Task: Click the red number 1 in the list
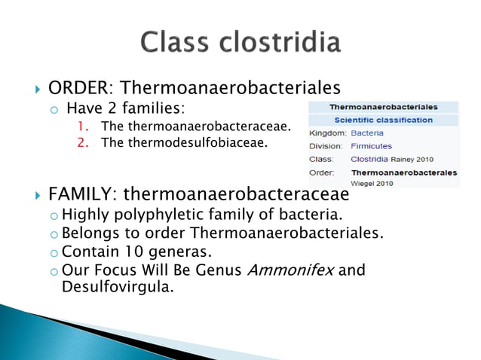82,126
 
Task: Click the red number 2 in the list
83,141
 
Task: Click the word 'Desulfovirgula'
117,287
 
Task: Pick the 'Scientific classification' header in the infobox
384,120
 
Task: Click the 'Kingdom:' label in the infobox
326,133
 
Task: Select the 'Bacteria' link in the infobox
367,133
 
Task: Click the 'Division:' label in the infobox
326,146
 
